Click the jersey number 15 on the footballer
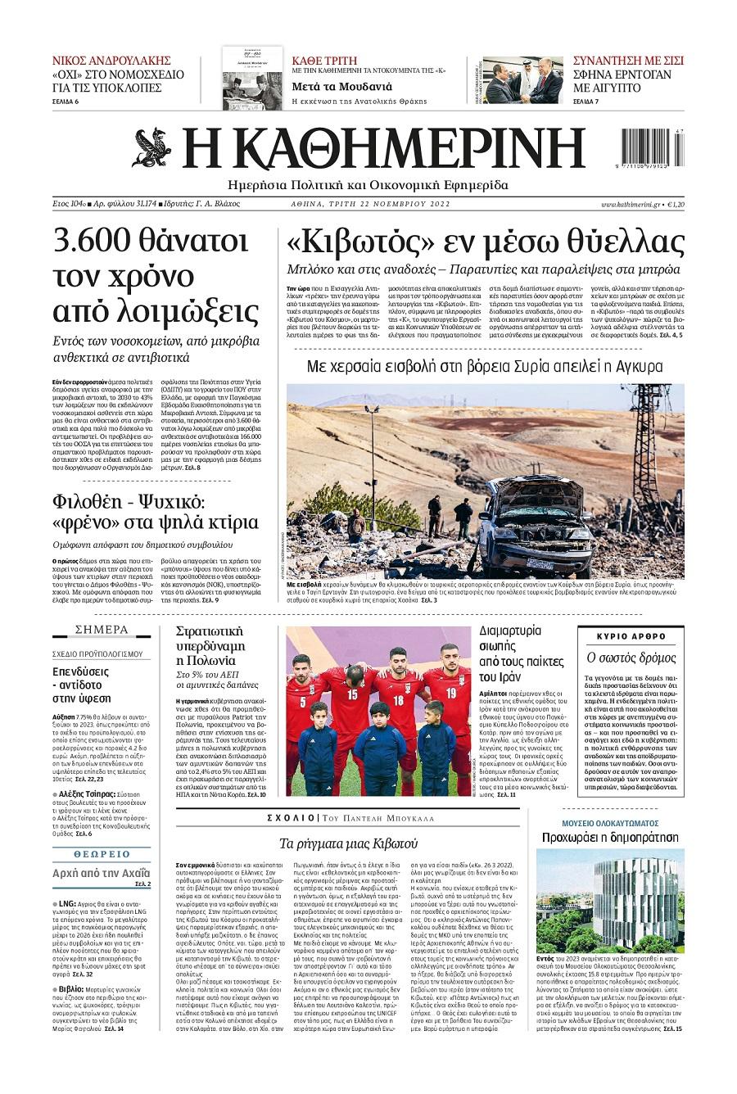pyautogui.click(x=353, y=694)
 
